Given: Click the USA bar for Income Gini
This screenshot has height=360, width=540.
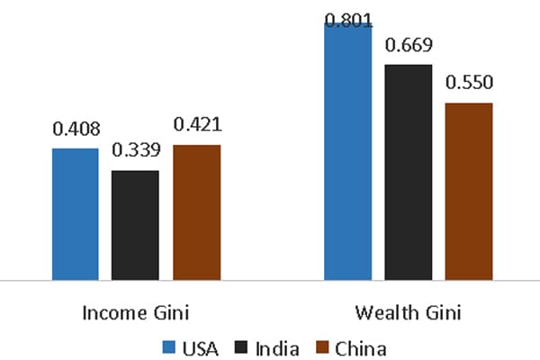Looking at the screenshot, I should pyautogui.click(x=76, y=214).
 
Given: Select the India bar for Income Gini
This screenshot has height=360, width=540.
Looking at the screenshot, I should pyautogui.click(x=135, y=225).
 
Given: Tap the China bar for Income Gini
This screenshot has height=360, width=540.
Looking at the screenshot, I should pyautogui.click(x=196, y=212).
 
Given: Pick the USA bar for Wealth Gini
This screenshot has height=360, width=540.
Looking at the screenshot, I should pyautogui.click(x=347, y=151).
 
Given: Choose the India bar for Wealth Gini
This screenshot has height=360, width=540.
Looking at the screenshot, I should pyautogui.click(x=408, y=172).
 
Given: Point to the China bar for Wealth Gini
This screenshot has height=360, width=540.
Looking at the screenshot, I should pyautogui.click(x=468, y=191).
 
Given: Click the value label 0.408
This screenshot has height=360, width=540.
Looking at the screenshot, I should pyautogui.click(x=76, y=131).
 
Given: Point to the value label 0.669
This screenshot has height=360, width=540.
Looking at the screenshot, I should pyautogui.click(x=408, y=46).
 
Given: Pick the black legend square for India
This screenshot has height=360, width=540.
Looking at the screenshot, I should pyautogui.click(x=241, y=346).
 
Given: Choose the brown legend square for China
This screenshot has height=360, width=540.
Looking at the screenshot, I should pyautogui.click(x=320, y=346).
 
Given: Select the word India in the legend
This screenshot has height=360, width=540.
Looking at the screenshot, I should pyautogui.click(x=275, y=346).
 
